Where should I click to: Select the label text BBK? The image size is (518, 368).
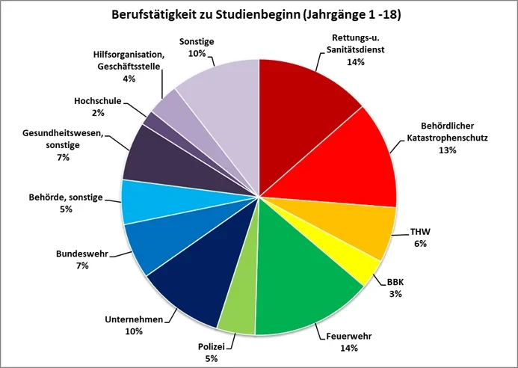(395, 283)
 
